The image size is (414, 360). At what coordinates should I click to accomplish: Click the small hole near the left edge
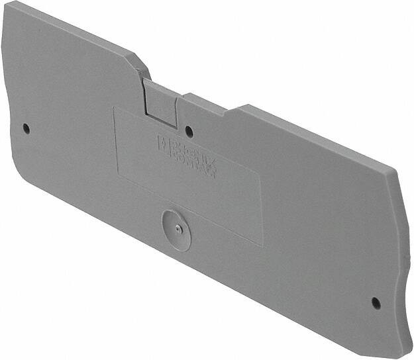[x=26, y=127]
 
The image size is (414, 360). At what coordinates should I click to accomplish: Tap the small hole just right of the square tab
[x=189, y=130]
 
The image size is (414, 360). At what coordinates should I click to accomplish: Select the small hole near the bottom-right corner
[x=376, y=302]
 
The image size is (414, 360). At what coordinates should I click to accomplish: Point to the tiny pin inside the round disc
[x=177, y=227]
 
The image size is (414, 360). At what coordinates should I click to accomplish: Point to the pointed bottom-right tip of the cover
[x=397, y=353]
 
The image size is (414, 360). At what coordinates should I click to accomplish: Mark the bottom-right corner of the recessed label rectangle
[x=262, y=246]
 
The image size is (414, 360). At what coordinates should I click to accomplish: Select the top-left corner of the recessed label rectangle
[x=114, y=109]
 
